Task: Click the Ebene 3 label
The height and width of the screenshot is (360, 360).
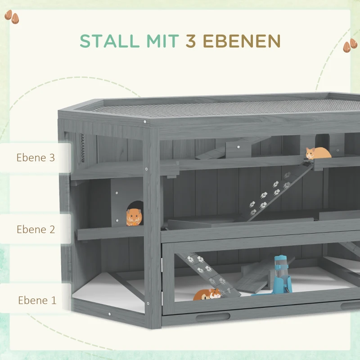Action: pos(36,158)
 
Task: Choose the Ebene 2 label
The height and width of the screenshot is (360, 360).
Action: pos(36,229)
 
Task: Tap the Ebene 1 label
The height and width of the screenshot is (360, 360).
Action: pos(37,300)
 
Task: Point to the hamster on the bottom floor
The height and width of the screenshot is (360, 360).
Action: pos(207,295)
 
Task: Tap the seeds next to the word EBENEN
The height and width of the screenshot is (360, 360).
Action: pos(350,46)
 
